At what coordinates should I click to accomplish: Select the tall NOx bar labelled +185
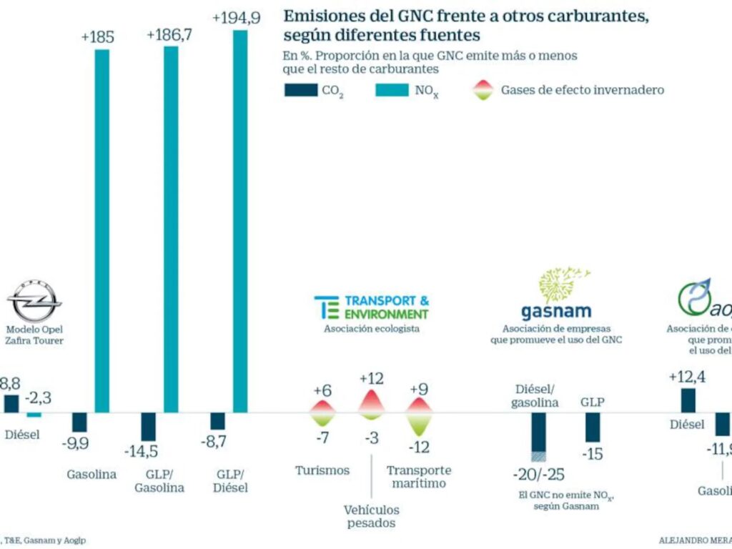coord(102,229)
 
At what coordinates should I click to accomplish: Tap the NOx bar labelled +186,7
coord(171,229)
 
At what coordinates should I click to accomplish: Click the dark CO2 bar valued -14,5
coord(148,427)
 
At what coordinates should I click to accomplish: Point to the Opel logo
coord(35,300)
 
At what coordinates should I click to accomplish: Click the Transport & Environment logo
coord(372,307)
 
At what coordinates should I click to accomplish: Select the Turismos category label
coord(322,470)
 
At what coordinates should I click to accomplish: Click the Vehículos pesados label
coord(372,516)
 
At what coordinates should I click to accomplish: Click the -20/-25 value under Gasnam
coord(538,475)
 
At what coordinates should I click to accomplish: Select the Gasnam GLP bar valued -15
coord(593,427)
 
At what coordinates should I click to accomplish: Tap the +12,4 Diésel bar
coord(688,400)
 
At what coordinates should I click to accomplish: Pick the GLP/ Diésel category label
coord(230,480)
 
